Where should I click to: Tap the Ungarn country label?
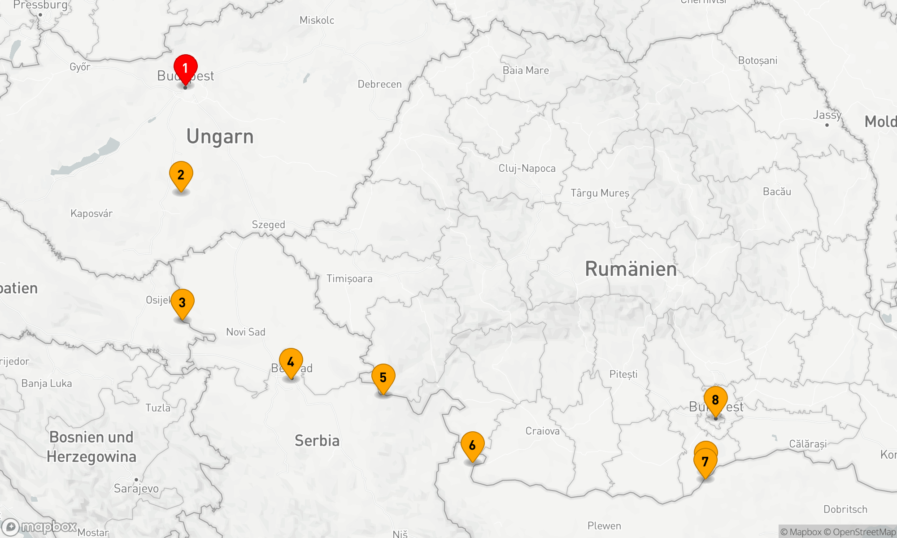pyautogui.click(x=220, y=137)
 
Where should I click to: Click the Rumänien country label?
pyautogui.click(x=631, y=269)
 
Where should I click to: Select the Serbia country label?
pyautogui.click(x=317, y=441)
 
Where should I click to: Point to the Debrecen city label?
pyautogui.click(x=379, y=84)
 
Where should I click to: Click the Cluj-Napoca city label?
pyautogui.click(x=527, y=169)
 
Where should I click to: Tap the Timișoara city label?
pyautogui.click(x=349, y=279)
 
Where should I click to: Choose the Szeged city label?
pyautogui.click(x=268, y=225)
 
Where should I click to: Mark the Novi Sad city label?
pyautogui.click(x=246, y=332)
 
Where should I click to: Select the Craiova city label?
pyautogui.click(x=542, y=431)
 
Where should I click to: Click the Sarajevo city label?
pyautogui.click(x=136, y=488)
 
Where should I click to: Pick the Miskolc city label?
pyautogui.click(x=317, y=20)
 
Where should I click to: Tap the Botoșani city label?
pyautogui.click(x=758, y=61)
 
